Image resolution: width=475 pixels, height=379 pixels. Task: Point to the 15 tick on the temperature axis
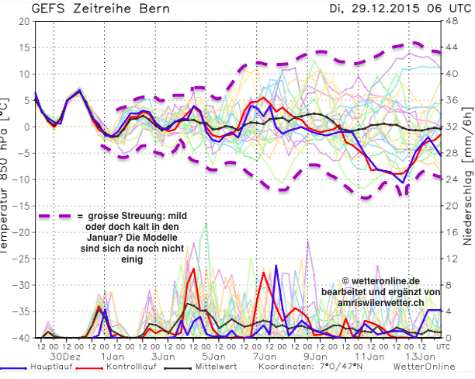(x=23, y=47)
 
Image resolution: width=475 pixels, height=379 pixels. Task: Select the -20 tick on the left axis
(x=21, y=232)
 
